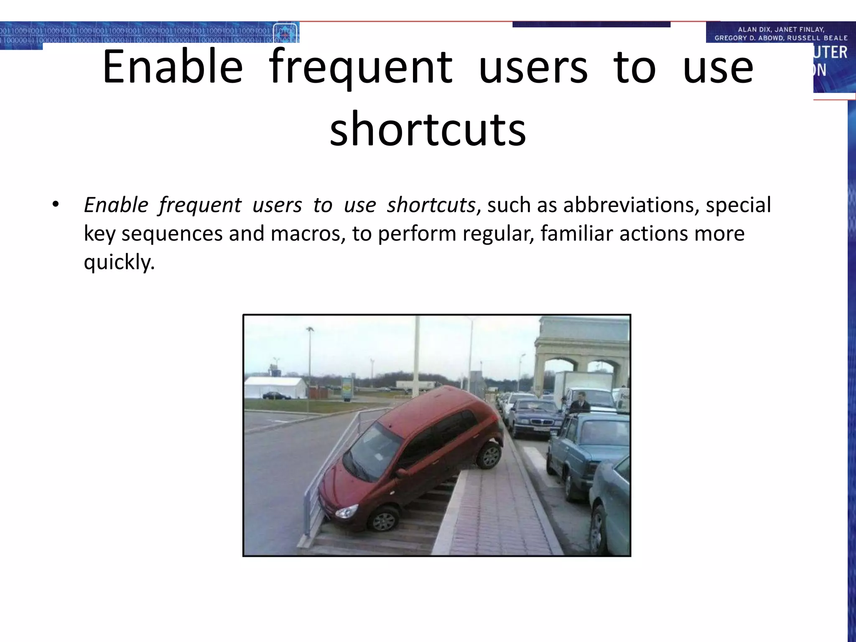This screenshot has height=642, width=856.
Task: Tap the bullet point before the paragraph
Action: point(56,205)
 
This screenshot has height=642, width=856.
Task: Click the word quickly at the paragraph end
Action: point(119,262)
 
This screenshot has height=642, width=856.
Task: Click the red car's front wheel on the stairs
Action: point(384,520)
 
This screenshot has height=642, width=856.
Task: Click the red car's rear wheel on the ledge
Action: point(489,456)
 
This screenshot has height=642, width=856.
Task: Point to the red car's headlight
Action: point(346,511)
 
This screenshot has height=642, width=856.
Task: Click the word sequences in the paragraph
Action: point(172,233)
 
